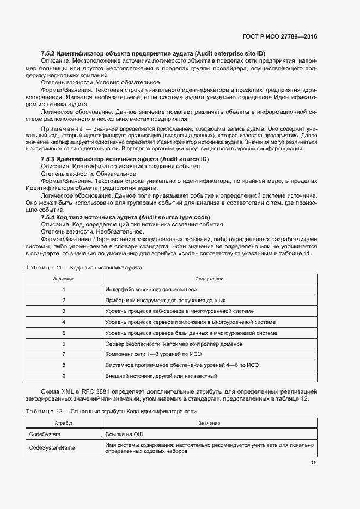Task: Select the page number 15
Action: [314, 463]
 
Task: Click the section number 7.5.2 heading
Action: [153, 53]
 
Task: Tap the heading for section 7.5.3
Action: [125, 159]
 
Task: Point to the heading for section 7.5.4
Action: [125, 217]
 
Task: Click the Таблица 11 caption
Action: [84, 268]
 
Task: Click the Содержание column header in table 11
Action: [209, 279]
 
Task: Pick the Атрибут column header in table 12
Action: [63, 423]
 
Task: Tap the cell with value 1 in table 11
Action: [63, 290]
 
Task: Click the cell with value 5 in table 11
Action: [63, 333]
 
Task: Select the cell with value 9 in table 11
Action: [63, 376]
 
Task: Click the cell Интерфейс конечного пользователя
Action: [150, 290]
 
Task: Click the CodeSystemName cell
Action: [52, 447]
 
